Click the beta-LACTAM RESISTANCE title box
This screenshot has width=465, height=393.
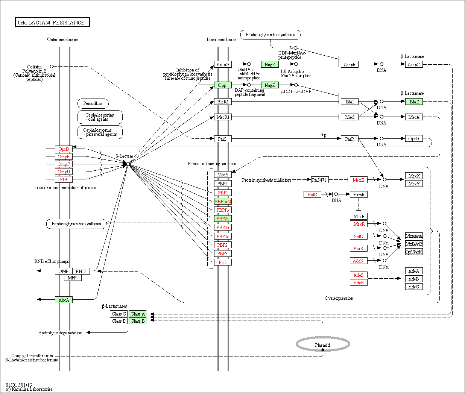(52, 23)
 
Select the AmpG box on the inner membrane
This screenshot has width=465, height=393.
(222, 65)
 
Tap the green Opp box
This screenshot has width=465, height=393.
(222, 85)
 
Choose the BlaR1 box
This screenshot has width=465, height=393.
(222, 102)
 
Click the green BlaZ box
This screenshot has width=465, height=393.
(414, 102)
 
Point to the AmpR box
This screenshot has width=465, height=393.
(350, 65)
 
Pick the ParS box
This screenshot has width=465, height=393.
(222, 139)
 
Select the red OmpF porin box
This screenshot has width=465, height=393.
(64, 157)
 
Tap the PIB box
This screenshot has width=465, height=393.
(64, 180)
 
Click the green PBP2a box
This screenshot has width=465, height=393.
(222, 219)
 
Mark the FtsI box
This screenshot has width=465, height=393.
(222, 263)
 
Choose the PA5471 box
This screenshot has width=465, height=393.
(319, 180)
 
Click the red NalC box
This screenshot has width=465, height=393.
(312, 195)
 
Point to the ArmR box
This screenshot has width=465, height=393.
(359, 195)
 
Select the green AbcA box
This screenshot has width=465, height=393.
(64, 300)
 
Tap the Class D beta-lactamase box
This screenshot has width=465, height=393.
(119, 321)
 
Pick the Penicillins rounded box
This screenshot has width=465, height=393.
(93, 103)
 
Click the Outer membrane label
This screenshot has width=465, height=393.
(62, 39)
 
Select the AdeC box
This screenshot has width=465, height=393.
(413, 287)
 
